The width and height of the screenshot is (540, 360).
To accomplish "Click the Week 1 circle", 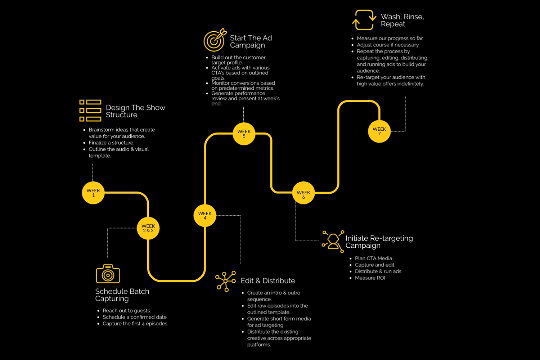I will pos(93,193).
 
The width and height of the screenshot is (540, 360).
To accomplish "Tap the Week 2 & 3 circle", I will pos(148,229).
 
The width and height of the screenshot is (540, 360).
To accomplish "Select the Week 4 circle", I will pos(205,216).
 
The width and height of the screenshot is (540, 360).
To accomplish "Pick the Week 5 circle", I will pos(244,134).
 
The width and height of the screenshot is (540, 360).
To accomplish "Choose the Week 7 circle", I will pos(379,131).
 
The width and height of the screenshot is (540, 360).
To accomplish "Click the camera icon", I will pos(108,274).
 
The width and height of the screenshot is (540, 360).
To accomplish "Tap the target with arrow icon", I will pos(215,40).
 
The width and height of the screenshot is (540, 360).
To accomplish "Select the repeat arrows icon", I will pos(364,20).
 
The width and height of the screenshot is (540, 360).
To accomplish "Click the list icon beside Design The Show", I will pos(90,111).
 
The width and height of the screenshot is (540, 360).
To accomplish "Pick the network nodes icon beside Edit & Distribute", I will pos(225,281).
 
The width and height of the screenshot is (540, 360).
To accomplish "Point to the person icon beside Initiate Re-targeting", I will pos(333,242).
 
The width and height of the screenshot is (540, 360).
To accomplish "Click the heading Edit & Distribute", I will pos(268,281).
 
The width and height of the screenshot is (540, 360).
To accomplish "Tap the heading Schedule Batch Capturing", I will pos(122,295).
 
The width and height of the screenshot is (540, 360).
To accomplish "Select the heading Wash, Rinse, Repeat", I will pos(402,20).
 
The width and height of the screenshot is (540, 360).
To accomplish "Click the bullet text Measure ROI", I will pos(370,278).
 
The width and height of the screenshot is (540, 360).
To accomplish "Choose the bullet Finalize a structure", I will pos(111,143).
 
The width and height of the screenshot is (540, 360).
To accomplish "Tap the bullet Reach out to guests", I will pos(126,311).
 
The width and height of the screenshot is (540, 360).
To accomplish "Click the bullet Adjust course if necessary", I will pos(388,45).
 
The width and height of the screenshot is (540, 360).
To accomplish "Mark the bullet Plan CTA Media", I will pos(373,258).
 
